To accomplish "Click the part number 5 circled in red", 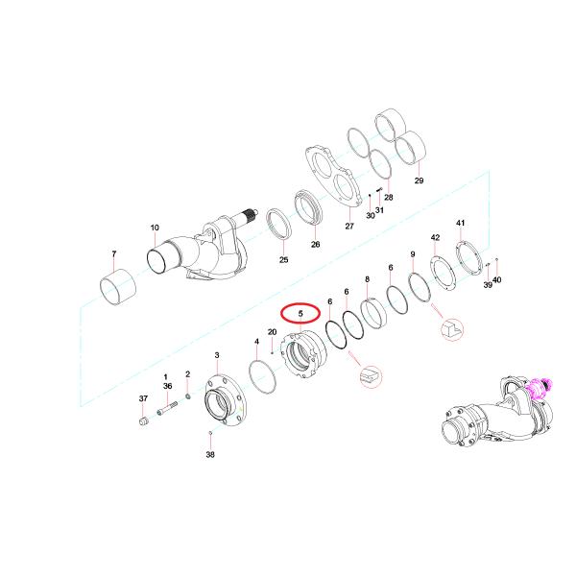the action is click(300, 313).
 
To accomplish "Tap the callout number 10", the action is click(155, 228).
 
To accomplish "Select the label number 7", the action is click(114, 253).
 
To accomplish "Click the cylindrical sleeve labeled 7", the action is click(118, 287).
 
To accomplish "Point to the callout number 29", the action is click(419, 180).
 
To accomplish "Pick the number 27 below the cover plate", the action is click(349, 226).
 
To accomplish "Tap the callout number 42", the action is click(435, 238).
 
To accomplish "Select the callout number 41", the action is click(460, 223).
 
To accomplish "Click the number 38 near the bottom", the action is click(209, 454).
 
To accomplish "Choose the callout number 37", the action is click(143, 398).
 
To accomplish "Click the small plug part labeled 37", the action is click(144, 421).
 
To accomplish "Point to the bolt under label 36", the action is click(167, 409).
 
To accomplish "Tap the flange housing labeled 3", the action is click(225, 399).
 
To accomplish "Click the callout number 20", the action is click(272, 332).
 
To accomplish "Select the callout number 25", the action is click(283, 260).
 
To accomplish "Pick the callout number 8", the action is click(367, 279).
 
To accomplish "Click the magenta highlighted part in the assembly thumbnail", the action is click(540, 388).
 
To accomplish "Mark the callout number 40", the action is click(496, 280).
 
